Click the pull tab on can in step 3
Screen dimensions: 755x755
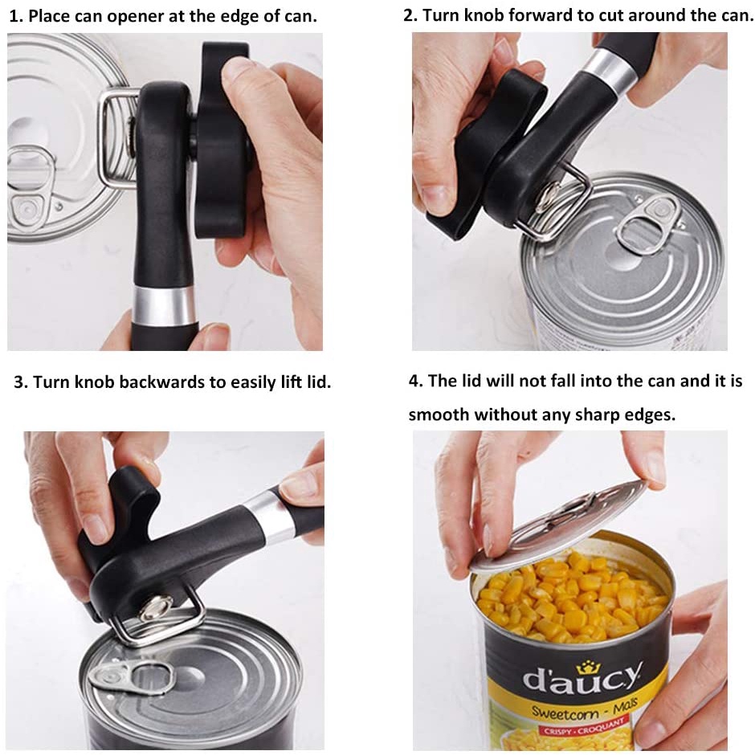pos(133,674)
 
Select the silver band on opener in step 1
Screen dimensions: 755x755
pos(164,304)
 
